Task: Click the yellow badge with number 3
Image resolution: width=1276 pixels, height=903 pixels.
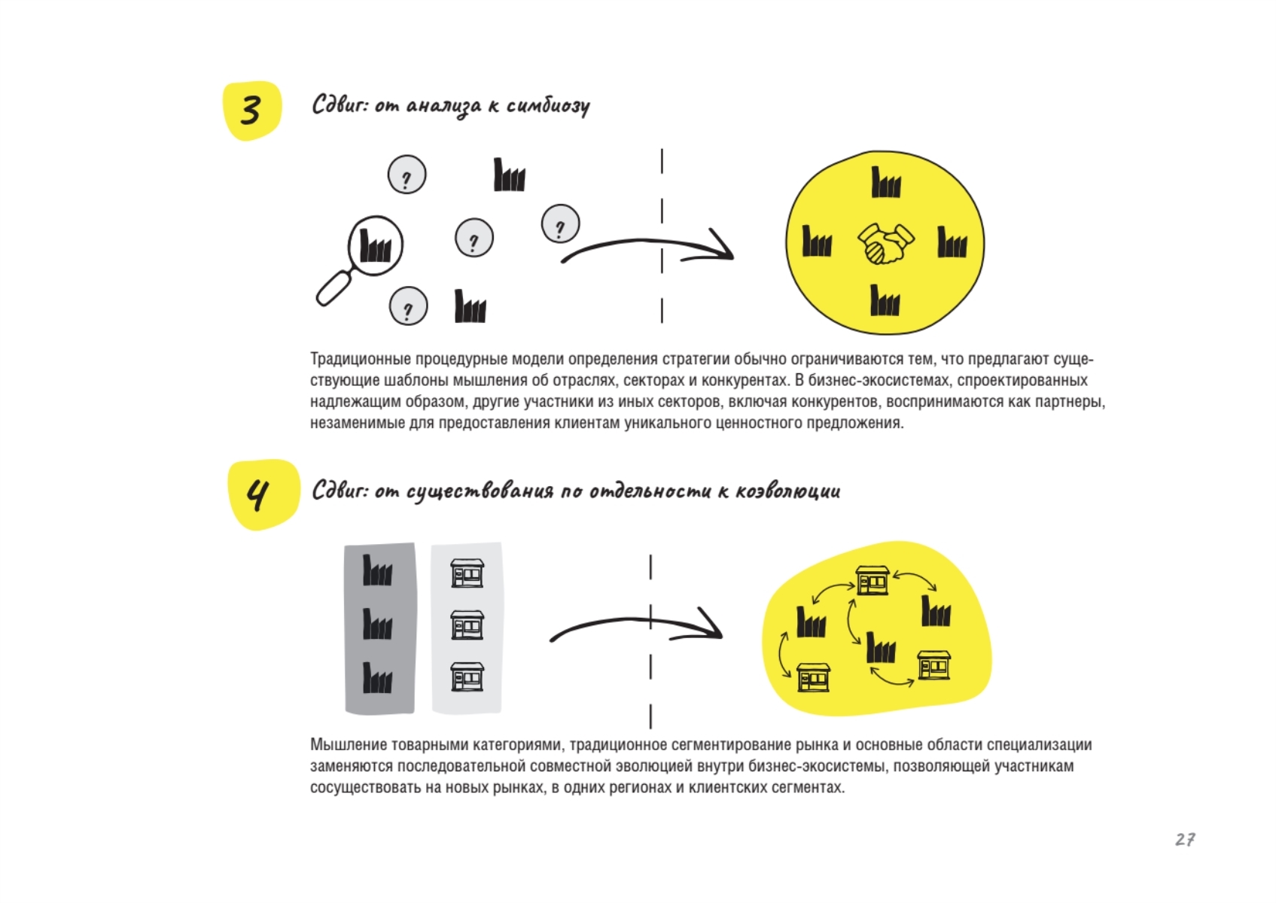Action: pyautogui.click(x=251, y=111)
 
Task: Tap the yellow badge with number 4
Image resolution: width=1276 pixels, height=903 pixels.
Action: pyautogui.click(x=263, y=494)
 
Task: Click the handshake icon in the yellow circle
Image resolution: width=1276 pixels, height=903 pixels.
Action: pyautogui.click(x=886, y=243)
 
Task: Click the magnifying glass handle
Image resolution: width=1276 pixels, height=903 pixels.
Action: pyautogui.click(x=336, y=287)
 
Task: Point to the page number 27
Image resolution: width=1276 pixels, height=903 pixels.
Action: pyautogui.click(x=1186, y=839)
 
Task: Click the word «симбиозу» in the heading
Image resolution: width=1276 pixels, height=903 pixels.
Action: pyautogui.click(x=548, y=106)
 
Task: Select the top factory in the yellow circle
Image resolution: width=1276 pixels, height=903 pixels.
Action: pyautogui.click(x=886, y=182)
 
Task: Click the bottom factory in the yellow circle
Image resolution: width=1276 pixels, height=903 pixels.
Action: pyautogui.click(x=885, y=300)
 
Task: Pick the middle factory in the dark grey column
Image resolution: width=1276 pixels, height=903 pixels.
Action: pyautogui.click(x=377, y=624)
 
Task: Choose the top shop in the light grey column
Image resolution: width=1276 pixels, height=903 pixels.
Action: pyautogui.click(x=467, y=573)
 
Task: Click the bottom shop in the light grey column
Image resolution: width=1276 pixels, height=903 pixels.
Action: pyautogui.click(x=467, y=676)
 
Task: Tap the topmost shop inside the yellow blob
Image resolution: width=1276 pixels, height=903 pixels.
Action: pyautogui.click(x=872, y=580)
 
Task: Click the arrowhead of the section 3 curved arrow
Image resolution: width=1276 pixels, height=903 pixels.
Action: pyautogui.click(x=719, y=246)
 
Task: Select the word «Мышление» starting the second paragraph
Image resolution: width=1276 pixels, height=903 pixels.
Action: pyautogui.click(x=345, y=745)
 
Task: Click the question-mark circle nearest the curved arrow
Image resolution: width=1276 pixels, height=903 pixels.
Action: pyautogui.click(x=560, y=223)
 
